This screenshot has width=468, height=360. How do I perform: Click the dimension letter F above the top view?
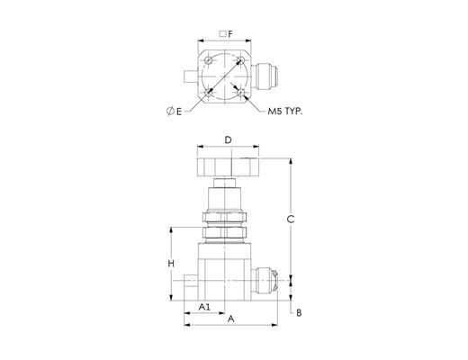pos(230,34)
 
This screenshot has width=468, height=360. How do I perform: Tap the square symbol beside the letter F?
pos(222,34)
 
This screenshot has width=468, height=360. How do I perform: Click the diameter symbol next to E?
pos(170,112)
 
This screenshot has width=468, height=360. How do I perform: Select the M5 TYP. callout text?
pos(285,112)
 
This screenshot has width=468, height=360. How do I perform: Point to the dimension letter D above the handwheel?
pos(229,140)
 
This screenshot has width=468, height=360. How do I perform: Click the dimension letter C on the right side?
pos(291,220)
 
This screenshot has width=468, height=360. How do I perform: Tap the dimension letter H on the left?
pos(171,264)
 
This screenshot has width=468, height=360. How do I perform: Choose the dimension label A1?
pos(204,307)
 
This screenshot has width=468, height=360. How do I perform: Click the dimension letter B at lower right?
pos(299,313)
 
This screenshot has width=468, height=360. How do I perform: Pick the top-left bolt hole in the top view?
pos(209,61)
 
